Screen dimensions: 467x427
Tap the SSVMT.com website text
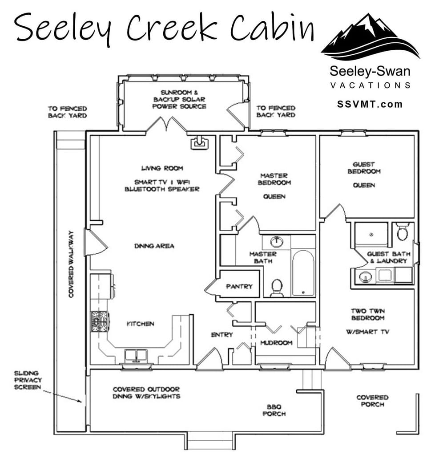[370, 104]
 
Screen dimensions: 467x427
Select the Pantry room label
[239, 286]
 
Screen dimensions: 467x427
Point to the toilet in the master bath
[277, 287]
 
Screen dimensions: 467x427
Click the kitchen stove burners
[100, 321]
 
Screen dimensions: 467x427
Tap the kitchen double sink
[136, 355]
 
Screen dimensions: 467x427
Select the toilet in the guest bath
[403, 231]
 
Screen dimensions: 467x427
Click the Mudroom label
[276, 343]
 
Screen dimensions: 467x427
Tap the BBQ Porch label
[274, 410]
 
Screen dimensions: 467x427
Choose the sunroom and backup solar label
[179, 99]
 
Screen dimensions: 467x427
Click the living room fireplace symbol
[199, 142]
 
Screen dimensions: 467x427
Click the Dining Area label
[154, 246]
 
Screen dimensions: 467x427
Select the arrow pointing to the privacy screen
[64, 396]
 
